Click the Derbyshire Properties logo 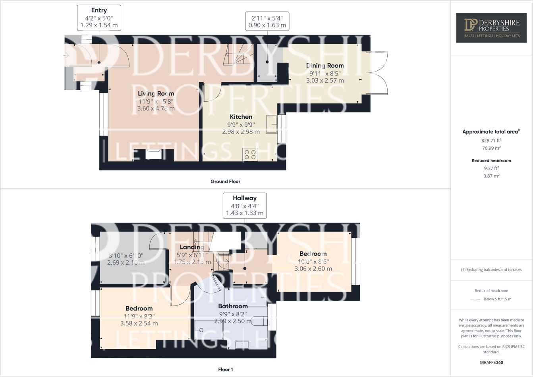(x=491, y=28)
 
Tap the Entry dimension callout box (x=99, y=18)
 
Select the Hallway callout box (x=245, y=205)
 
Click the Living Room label (x=156, y=94)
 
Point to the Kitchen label (x=241, y=117)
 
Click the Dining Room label (x=325, y=66)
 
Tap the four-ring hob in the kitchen (x=250, y=155)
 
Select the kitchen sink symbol (x=272, y=124)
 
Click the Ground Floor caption (x=225, y=182)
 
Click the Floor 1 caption (x=226, y=369)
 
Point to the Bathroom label (x=233, y=306)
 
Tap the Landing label (x=192, y=247)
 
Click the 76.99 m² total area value (x=491, y=148)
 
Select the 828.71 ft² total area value (x=491, y=140)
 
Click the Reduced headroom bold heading (x=491, y=160)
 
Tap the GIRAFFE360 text (x=491, y=362)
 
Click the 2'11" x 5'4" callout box (x=267, y=21)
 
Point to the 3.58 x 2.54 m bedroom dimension (x=139, y=323)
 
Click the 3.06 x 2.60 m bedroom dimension (x=313, y=269)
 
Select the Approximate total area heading (x=491, y=131)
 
